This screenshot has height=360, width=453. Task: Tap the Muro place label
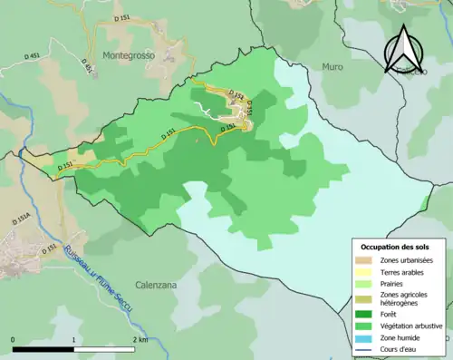(333, 66)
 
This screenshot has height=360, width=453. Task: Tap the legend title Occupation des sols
(396, 247)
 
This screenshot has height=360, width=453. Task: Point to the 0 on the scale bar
(14, 339)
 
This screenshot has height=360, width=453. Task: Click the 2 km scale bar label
(141, 339)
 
